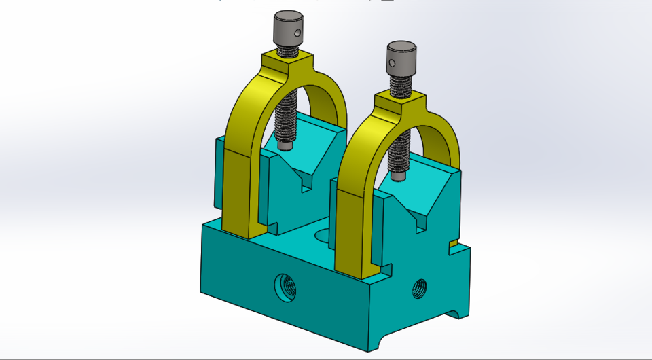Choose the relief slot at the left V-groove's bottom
point(305,183)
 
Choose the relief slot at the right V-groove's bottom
point(422,221)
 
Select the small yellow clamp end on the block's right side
point(452,242)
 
